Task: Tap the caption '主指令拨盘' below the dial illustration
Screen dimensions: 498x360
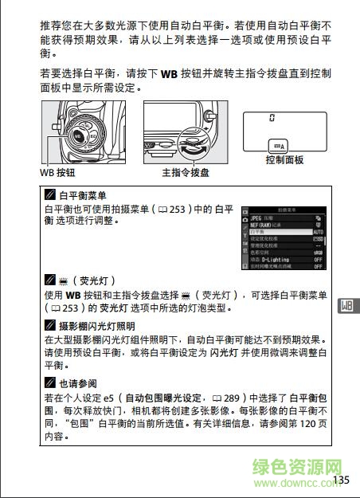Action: coord(185,171)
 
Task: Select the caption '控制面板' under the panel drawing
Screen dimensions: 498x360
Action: coord(284,160)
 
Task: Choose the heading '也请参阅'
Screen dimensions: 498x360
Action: coord(76,382)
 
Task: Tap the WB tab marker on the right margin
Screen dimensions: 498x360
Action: coord(346,306)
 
